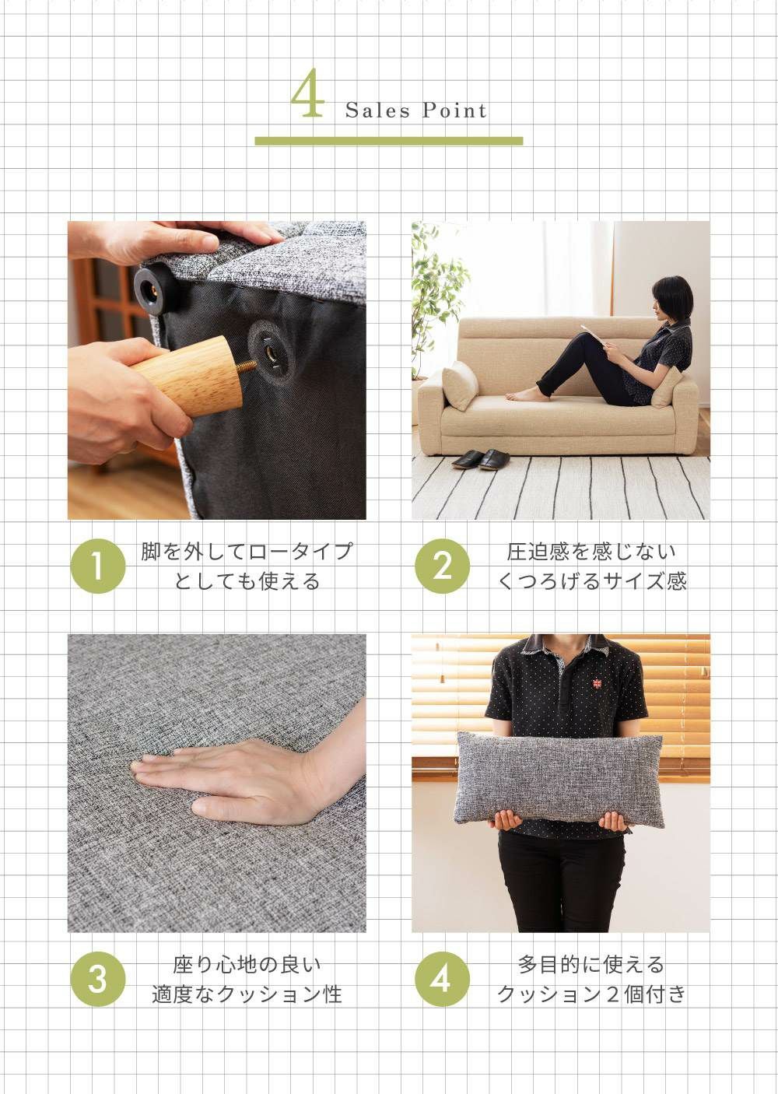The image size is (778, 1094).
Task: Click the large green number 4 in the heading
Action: [307, 93]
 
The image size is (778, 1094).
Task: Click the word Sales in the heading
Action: [377, 110]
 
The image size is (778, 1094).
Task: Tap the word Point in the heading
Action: [454, 110]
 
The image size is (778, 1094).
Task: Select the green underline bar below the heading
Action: [389, 141]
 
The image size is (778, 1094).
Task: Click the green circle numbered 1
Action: [98, 566]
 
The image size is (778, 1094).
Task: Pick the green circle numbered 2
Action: [442, 566]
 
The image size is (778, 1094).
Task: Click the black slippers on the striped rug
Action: [481, 460]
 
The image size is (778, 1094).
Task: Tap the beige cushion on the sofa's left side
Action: [460, 385]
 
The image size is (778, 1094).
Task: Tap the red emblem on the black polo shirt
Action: [596, 682]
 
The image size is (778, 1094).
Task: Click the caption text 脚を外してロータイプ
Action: [247, 552]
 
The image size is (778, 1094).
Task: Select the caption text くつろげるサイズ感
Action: [591, 581]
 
